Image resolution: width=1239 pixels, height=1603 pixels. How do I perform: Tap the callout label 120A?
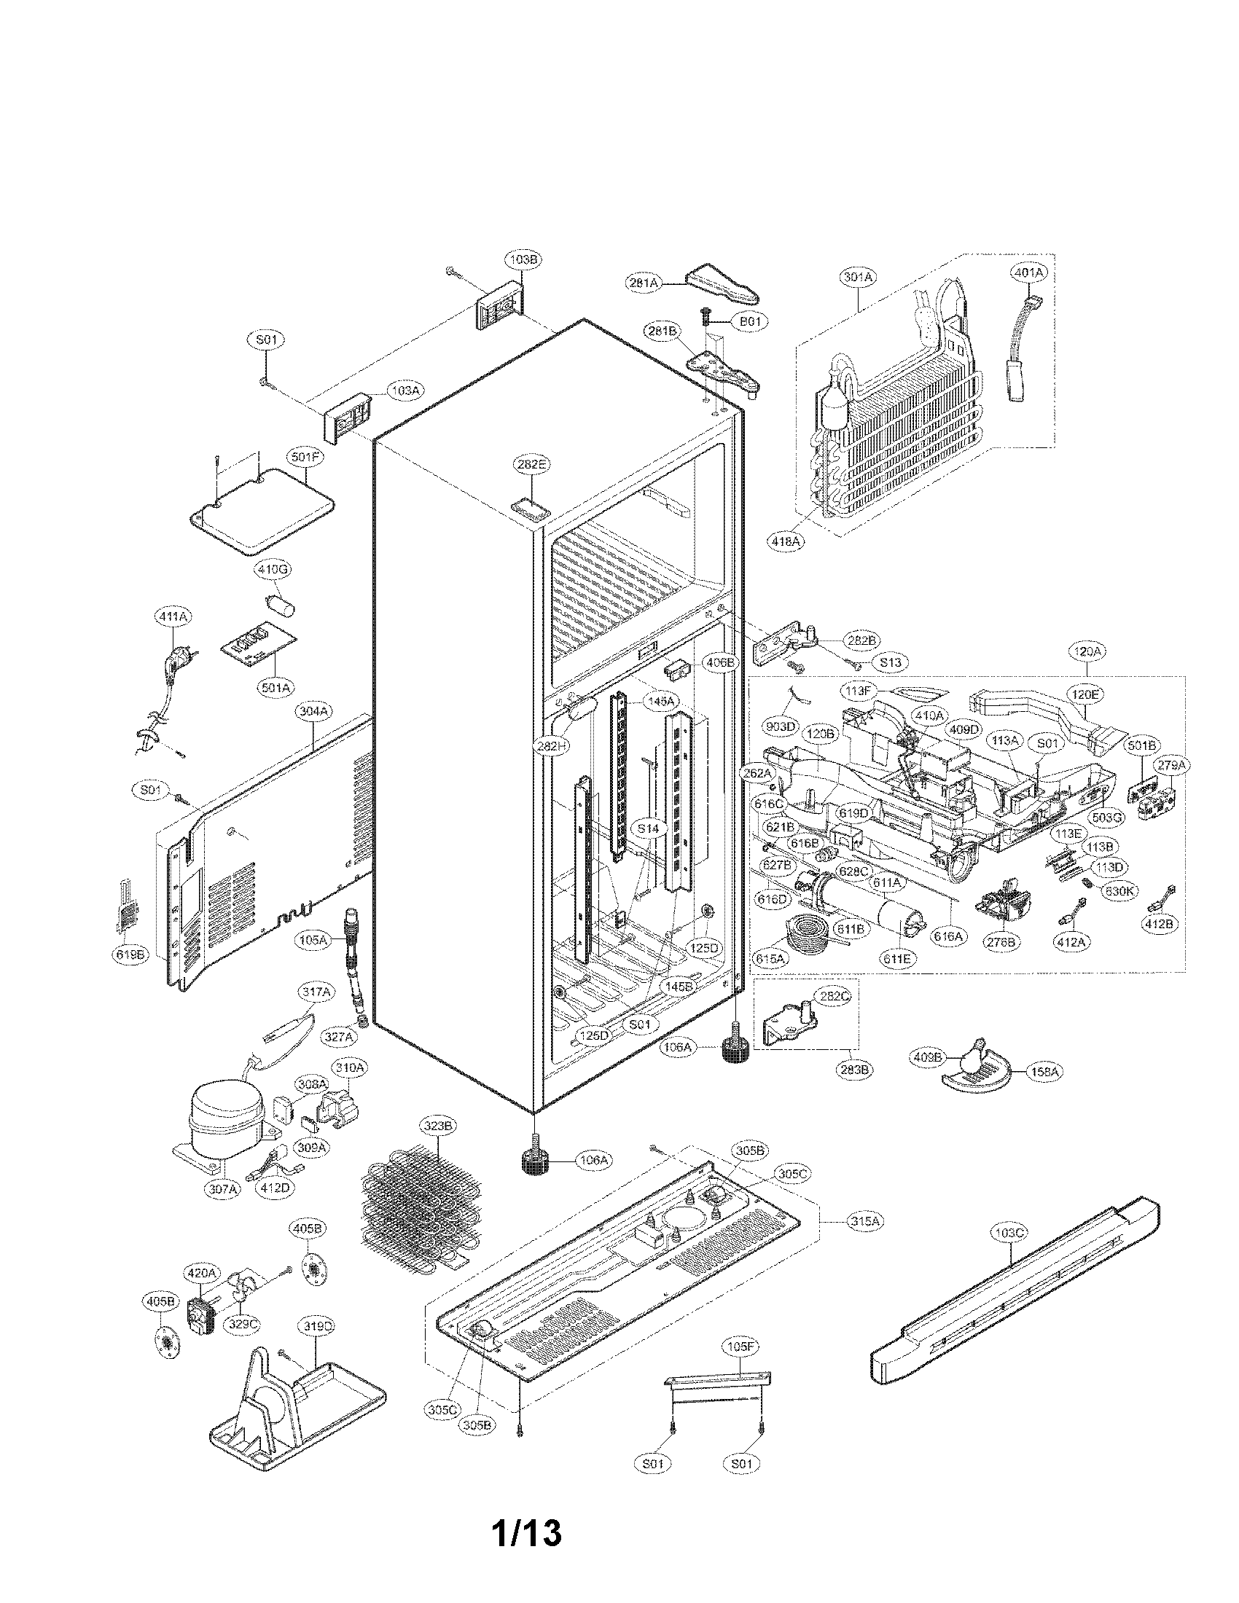pyautogui.click(x=1086, y=651)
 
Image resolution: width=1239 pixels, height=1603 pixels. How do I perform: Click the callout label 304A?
pyautogui.click(x=313, y=711)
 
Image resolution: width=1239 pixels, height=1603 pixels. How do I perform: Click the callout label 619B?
pyautogui.click(x=127, y=955)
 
